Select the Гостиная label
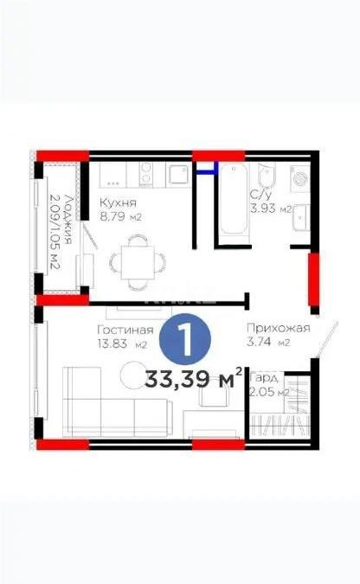click(125, 330)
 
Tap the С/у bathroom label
click(260, 196)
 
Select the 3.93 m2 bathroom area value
click(267, 209)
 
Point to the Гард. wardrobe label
click(263, 379)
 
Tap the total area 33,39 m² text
click(194, 379)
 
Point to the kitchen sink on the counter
click(178, 175)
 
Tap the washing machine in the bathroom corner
click(302, 178)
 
